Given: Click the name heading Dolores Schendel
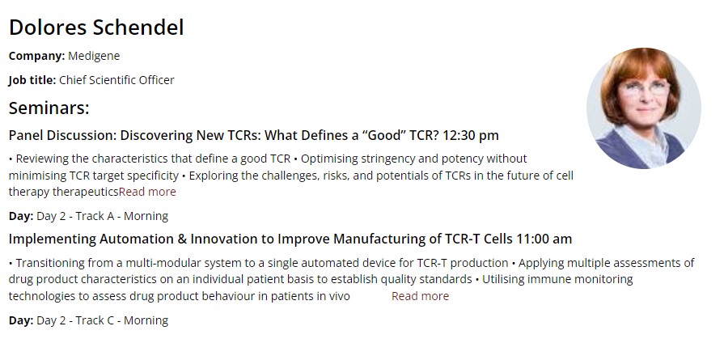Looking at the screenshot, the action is point(96,28).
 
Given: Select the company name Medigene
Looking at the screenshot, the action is point(94,56).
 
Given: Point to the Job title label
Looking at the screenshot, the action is point(32,80).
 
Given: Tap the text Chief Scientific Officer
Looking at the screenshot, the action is point(116,80).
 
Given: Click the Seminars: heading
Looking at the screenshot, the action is point(49,108).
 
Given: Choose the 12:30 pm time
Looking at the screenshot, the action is point(471,136).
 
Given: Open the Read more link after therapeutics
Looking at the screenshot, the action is point(147,192).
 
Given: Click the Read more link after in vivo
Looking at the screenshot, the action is point(420,296).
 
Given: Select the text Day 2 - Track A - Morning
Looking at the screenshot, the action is point(102,216).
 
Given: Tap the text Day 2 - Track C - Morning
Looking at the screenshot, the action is point(102,320).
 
